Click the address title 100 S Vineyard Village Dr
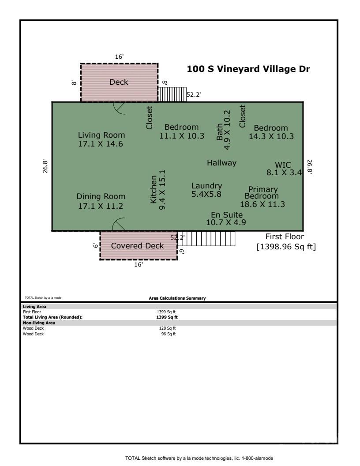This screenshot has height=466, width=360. [248, 69]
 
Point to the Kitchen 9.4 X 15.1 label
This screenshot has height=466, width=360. [158, 190]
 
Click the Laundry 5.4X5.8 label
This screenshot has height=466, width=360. [206, 190]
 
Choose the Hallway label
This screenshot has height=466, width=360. [221, 163]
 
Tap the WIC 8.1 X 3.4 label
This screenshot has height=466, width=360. [284, 169]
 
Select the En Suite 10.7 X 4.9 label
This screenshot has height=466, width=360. [226, 218]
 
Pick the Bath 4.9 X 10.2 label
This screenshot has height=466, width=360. [223, 130]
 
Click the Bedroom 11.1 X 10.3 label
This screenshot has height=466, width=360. [182, 132]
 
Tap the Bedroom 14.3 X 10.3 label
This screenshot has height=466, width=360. [271, 132]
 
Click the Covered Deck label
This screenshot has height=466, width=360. [137, 246]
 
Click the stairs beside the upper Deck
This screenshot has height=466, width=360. [172, 94]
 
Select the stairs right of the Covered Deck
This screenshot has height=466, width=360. [206, 238]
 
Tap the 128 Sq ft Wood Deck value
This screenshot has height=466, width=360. [167, 328]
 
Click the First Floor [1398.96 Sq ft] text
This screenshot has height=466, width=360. [286, 242]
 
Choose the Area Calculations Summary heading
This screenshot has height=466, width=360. [177, 298]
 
